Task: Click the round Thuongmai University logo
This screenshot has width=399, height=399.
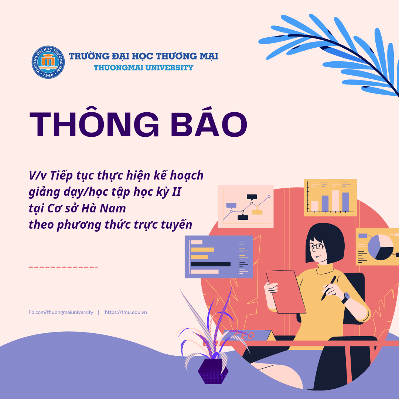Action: pos(48,62)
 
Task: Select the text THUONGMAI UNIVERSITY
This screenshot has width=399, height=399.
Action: pos(143,68)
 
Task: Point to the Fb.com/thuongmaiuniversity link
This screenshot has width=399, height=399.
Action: pos(61,312)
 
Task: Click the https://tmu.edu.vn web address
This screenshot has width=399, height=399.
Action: pos(126,312)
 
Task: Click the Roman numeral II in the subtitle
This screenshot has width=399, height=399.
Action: pos(177,192)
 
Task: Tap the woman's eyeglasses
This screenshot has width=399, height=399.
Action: pos(317,246)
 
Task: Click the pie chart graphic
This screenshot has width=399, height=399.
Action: pos(381,247)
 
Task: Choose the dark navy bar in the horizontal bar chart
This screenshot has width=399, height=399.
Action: pos(211,264)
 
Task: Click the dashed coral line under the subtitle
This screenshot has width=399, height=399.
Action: pos(63,267)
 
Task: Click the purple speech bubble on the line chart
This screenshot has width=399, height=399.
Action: pos(231,205)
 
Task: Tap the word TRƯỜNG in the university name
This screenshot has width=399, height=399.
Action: pos(89,56)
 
